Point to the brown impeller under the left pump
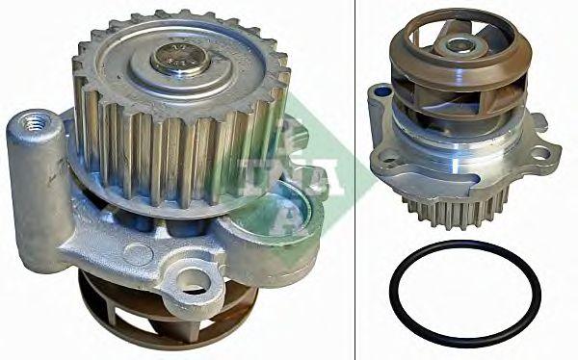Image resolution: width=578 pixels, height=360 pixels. pyautogui.click(x=168, y=311)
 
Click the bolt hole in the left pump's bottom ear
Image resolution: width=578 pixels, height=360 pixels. pyautogui.click(x=195, y=282)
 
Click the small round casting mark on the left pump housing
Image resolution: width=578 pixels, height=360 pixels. pyautogui.click(x=138, y=254)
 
